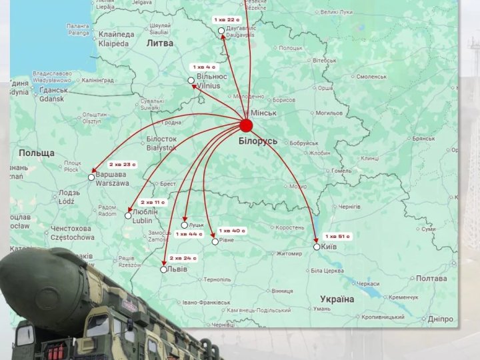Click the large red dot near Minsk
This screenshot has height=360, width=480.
[x=246, y=125]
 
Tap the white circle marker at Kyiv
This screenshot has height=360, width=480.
[x=317, y=247]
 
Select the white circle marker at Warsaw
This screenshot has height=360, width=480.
[x=91, y=177]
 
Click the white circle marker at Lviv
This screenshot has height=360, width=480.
[x=164, y=269]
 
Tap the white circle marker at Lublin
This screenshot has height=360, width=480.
[x=128, y=215]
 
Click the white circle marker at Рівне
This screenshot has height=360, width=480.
[x=215, y=241]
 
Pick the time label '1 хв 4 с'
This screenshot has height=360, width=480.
[x=205, y=67]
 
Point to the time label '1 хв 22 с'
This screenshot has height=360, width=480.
[x=227, y=19]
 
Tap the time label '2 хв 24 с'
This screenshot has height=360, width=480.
[x=183, y=257]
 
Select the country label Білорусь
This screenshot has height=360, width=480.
[x=258, y=141]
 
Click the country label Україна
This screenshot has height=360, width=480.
[x=336, y=299]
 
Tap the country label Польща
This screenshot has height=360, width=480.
[x=36, y=153]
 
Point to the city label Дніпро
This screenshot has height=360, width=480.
[x=441, y=319]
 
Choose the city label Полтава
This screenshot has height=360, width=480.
[x=430, y=279]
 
